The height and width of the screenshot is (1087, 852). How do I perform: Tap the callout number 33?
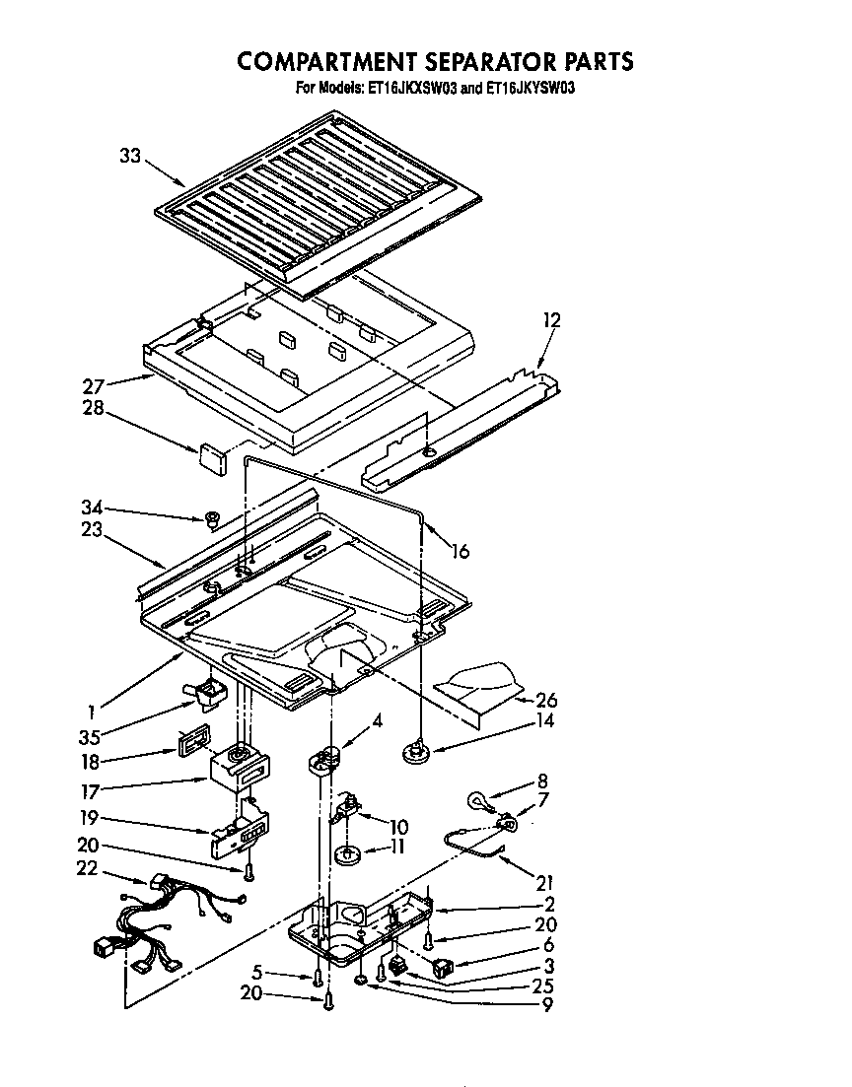[x=130, y=155]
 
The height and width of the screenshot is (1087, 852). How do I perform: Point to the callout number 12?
[x=552, y=319]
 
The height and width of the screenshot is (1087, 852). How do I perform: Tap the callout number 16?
[x=460, y=552]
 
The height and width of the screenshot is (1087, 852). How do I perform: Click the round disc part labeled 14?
[x=419, y=755]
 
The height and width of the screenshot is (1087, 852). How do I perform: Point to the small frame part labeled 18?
[x=193, y=739]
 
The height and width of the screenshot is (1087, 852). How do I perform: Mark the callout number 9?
[x=543, y=1005]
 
